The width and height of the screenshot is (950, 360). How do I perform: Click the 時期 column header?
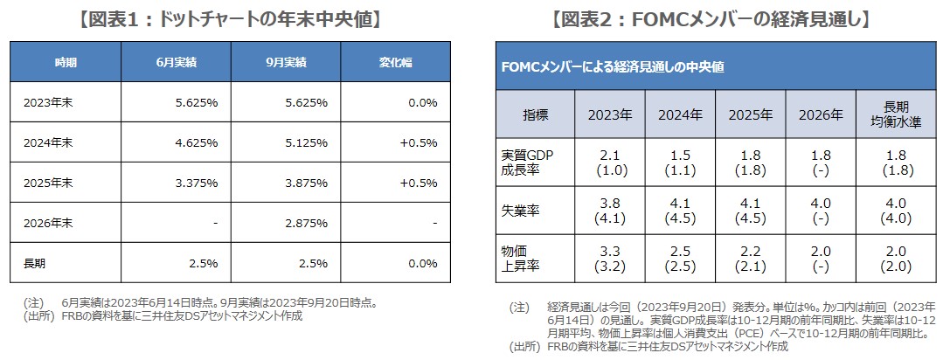[x=65, y=63]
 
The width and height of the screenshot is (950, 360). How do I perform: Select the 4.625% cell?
[x=196, y=142]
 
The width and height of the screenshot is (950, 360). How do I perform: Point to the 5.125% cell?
[x=306, y=142]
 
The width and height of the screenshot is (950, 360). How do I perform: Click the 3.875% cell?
[x=306, y=182]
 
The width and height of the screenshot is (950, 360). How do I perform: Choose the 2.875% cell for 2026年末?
[x=306, y=223]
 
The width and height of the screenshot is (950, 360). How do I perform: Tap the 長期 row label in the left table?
[x=35, y=262]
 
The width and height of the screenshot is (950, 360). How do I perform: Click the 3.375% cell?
[x=196, y=182]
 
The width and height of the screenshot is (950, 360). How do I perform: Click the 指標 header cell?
[x=535, y=114]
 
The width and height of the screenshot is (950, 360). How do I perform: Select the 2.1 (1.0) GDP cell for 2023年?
[x=610, y=163]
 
